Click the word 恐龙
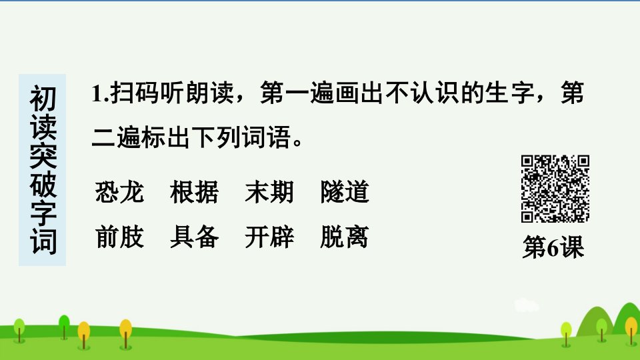[119, 192]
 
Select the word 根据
[194, 192]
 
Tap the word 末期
[269, 192]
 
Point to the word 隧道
[345, 192]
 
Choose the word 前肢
[119, 237]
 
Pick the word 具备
[194, 237]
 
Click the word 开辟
[269, 237]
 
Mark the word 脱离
[345, 237]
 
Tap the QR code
[555, 189]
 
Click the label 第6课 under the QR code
[553, 247]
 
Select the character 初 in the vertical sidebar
[43, 99]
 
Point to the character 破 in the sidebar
[43, 184]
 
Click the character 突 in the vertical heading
[43, 155]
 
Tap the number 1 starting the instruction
[96, 93]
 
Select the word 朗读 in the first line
[210, 93]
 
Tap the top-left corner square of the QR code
[527, 161]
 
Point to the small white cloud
[526, 305]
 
